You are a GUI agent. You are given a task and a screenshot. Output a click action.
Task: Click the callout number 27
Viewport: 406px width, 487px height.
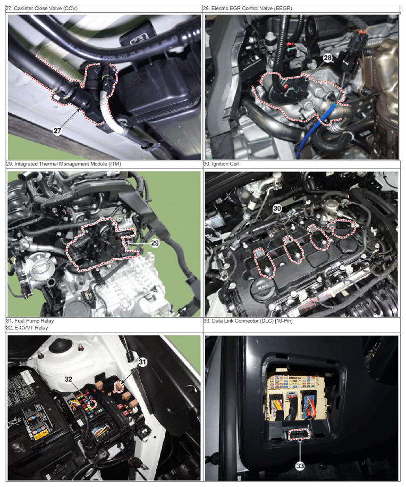pos(57,131)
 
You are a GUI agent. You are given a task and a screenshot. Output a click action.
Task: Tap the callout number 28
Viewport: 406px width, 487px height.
pos(328,58)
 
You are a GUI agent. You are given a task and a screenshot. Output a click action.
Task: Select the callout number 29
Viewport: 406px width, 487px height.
pos(155,243)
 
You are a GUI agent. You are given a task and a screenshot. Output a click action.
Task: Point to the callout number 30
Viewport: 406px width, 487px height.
pos(277,209)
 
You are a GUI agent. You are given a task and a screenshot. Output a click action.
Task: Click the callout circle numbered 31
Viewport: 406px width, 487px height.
pos(142,362)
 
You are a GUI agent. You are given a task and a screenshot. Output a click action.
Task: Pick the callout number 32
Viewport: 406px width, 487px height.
pos(68,379)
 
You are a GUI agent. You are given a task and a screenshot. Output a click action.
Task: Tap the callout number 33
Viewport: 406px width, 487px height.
pos(300,466)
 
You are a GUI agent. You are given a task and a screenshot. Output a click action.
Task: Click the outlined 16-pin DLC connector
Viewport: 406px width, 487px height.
pos(300,434)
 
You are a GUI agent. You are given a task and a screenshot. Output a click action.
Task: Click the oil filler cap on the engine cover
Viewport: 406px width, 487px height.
pos(261,285)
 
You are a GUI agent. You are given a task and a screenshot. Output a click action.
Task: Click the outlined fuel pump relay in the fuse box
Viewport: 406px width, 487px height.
pos(120,387)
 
